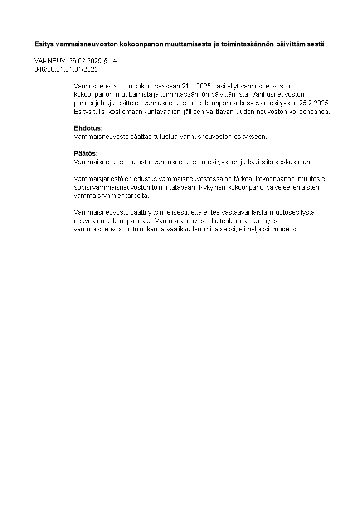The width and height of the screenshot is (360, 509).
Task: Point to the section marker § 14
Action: (110, 61)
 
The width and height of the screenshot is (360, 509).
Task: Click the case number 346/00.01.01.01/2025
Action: (66, 69)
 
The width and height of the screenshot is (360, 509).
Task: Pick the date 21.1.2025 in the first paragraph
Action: (196, 86)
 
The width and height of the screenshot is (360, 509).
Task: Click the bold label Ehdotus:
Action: (88, 128)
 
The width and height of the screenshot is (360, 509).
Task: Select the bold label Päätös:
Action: (86, 153)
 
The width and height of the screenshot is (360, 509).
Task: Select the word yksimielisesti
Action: (165, 212)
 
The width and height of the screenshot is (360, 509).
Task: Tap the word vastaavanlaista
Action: (245, 212)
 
